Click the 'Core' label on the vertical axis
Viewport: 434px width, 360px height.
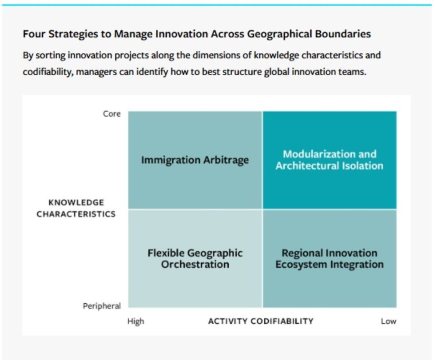(112, 114)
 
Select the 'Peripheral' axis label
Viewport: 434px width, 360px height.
(102, 306)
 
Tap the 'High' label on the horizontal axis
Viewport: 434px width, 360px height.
(136, 321)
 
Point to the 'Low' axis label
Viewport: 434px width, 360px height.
(389, 321)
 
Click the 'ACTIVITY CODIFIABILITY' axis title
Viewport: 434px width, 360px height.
(261, 321)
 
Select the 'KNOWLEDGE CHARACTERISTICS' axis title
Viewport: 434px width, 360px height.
(76, 208)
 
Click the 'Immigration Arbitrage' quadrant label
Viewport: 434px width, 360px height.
(195, 160)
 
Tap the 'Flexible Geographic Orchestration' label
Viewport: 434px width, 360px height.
(195, 259)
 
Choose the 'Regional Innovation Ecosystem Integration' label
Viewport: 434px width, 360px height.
(329, 259)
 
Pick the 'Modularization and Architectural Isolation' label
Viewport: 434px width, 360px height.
(329, 160)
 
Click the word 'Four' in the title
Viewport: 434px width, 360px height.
(34, 34)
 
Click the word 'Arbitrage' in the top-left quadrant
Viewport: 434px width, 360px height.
(226, 160)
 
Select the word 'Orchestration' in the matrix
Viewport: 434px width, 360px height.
(195, 265)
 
